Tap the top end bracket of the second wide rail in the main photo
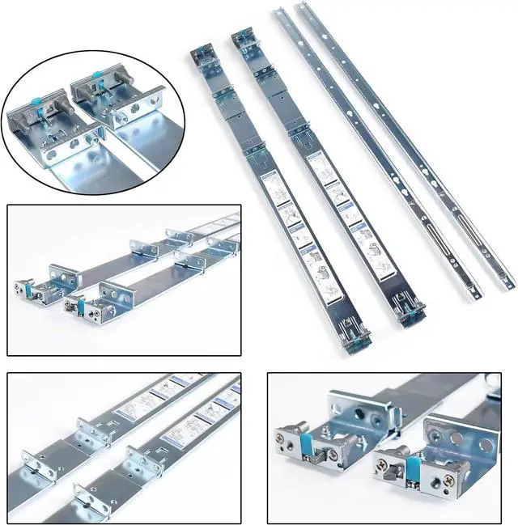(244, 42)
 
